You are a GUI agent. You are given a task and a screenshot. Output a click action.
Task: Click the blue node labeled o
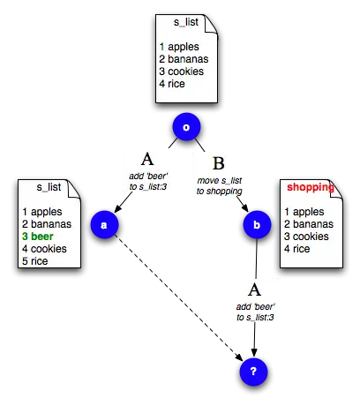click(x=186, y=127)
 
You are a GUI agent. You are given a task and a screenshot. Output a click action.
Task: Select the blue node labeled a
click(x=104, y=224)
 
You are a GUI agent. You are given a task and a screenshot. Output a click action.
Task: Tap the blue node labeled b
click(x=257, y=224)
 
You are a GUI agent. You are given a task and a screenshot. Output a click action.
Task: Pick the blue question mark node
click(x=254, y=372)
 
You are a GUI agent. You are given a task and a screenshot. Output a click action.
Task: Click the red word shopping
click(x=311, y=187)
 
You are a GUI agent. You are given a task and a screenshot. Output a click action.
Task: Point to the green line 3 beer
click(x=38, y=237)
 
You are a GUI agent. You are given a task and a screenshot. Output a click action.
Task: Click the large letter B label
click(x=219, y=163)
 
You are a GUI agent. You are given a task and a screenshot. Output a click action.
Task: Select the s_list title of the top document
click(x=186, y=22)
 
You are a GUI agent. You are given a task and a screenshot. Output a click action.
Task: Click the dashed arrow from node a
click(x=178, y=297)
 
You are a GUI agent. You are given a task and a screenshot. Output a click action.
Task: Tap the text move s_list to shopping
click(x=220, y=185)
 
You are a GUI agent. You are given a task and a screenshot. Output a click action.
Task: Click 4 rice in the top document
click(x=172, y=84)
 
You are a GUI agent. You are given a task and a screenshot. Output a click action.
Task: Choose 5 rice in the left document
click(x=35, y=261)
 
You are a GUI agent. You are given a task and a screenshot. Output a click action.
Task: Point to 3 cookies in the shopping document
click(x=306, y=237)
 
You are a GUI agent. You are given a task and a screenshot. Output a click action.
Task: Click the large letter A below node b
click(x=254, y=289)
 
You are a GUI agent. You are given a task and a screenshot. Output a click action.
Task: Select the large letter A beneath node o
click(x=147, y=159)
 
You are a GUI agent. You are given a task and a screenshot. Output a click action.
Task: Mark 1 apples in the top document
click(x=179, y=47)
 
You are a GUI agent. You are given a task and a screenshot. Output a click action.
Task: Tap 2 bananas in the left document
click(x=47, y=224)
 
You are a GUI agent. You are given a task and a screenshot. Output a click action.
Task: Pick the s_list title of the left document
click(x=49, y=187)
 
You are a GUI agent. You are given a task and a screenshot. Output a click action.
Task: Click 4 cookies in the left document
click(x=44, y=249)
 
